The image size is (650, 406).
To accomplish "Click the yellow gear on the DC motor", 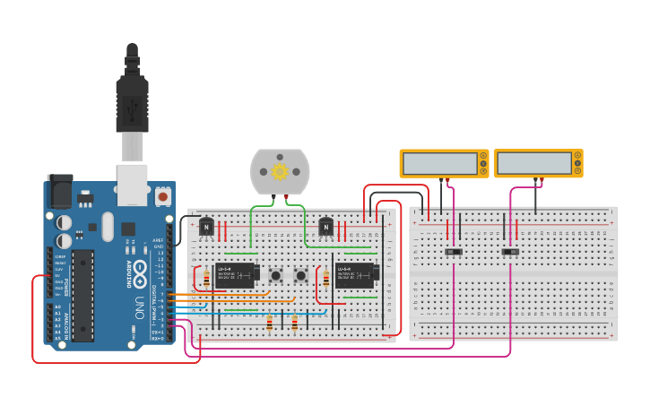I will coord(280,170).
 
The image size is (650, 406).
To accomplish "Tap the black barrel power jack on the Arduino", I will coord(59,190).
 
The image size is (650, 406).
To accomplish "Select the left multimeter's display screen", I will coord(440,163).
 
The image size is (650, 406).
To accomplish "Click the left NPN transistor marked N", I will coord(207,228).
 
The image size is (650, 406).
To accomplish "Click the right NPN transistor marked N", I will coord(326,228).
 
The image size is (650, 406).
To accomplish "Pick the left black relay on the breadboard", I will coord(236,273).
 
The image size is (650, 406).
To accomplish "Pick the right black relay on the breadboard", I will coord(355,273).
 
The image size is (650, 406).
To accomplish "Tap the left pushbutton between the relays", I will coord(276,274).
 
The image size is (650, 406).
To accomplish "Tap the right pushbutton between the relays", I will coord(301,274).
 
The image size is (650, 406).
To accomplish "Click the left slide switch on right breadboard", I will coord(455,252).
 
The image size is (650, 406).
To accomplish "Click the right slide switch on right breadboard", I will coord(510,252).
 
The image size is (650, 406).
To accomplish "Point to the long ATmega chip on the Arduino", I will coord(82,295).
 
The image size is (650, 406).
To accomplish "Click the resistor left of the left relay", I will coord(207,279).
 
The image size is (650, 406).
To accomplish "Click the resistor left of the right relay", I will coord(326,279).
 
